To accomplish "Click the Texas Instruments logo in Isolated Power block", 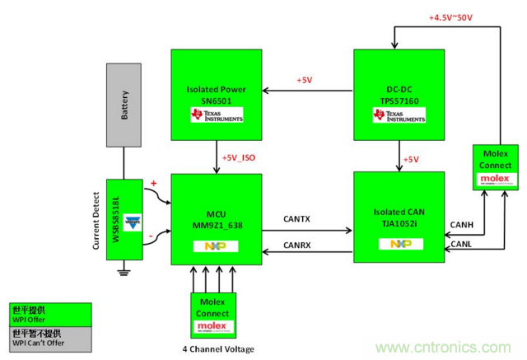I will [217, 115].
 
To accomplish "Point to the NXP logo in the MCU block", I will [216, 245].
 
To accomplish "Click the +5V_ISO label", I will [239, 157].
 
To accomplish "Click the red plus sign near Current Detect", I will [152, 182].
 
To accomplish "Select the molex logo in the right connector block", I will [494, 178].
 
